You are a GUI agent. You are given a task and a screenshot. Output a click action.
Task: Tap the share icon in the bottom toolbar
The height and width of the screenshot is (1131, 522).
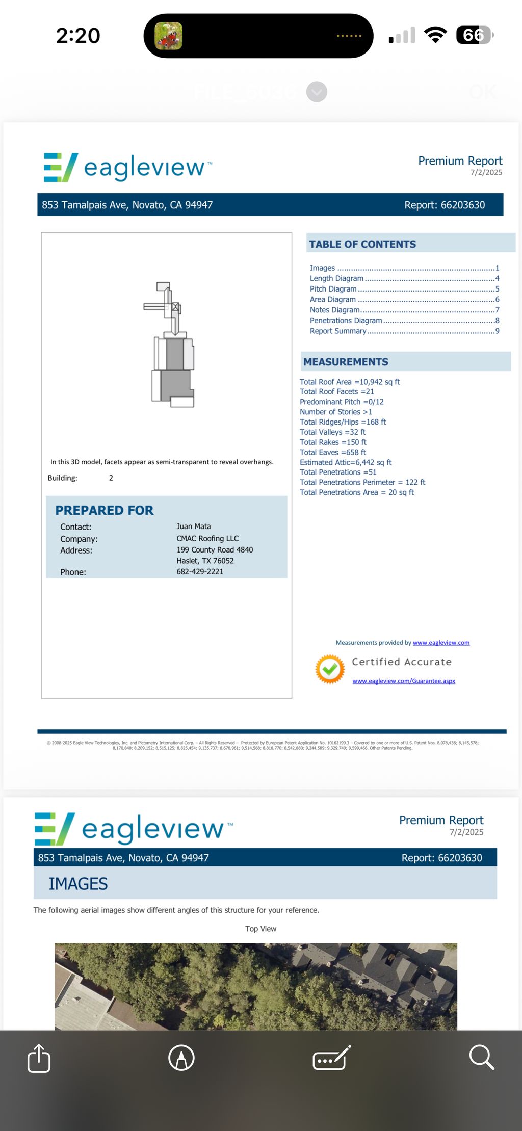pos(39,1058)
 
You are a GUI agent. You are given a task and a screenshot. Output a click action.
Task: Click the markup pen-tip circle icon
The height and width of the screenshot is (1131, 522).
pos(181,1058)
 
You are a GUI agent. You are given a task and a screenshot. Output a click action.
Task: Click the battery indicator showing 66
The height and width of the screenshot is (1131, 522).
pos(475,35)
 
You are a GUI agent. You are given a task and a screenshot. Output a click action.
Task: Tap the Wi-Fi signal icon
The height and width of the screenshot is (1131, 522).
pos(435,35)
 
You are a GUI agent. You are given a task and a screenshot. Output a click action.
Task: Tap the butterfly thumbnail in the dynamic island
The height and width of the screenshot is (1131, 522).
pos(168,36)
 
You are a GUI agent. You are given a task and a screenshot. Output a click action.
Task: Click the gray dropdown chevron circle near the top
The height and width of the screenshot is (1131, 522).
pos(317,92)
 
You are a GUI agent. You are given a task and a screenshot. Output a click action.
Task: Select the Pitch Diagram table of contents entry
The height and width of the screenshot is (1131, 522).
pos(333,289)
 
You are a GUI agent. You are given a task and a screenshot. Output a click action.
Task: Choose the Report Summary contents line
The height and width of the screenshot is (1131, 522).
pos(338,331)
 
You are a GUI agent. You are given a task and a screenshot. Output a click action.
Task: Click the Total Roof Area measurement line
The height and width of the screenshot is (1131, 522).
pos(350,382)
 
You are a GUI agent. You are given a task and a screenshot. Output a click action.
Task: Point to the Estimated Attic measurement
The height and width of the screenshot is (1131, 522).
pos(346,462)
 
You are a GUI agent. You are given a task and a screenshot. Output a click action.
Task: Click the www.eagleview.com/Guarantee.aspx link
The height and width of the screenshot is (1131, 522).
pos(404,681)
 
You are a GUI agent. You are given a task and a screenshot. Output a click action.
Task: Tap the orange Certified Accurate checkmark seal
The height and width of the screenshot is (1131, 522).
pos(330,669)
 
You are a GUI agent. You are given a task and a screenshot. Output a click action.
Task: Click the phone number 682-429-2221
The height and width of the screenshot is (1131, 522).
pos(200,572)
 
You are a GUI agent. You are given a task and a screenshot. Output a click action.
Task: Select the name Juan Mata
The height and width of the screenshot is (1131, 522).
pos(194,527)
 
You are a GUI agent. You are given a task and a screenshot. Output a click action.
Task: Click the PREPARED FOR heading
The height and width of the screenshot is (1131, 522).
pos(105,510)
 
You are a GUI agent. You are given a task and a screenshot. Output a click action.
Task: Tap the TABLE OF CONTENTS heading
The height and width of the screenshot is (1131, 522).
pos(362,244)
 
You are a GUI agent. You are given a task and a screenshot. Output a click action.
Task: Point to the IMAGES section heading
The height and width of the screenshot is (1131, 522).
pos(78,884)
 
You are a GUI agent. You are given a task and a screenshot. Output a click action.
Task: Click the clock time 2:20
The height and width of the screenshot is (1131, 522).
pos(78,36)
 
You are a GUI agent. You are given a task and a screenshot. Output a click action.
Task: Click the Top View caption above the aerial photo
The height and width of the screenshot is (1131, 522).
pos(260,929)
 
